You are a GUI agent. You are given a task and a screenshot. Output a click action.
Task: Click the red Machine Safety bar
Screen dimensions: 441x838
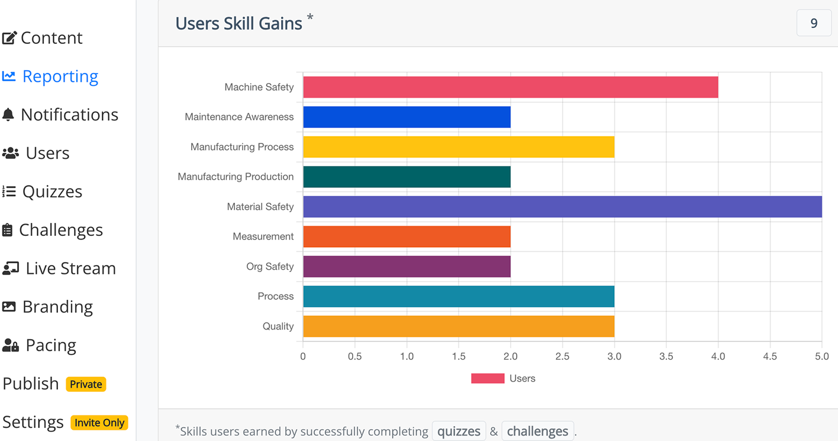coord(510,87)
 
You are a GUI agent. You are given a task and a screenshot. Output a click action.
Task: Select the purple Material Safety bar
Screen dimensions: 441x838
coord(562,207)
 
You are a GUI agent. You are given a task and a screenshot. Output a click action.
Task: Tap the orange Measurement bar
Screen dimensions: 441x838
coord(407,237)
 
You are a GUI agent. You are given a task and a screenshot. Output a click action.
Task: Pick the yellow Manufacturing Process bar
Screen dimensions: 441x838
coord(459,147)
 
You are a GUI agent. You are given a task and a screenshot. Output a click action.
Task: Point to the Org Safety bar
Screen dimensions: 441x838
coord(407,267)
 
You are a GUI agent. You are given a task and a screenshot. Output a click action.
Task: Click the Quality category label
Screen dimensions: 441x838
coord(278,326)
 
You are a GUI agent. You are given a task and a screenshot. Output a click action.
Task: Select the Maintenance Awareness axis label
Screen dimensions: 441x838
coord(239,117)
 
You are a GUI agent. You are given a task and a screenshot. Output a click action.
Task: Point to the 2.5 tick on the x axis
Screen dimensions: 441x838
coord(562,356)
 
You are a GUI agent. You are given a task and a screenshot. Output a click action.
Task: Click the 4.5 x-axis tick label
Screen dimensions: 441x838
coord(770,356)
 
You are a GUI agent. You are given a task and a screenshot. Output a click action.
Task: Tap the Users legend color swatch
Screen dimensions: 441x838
coord(488,378)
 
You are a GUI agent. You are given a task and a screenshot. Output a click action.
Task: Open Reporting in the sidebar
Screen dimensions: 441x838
coord(60,76)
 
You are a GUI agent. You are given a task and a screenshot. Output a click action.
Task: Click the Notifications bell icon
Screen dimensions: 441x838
coord(8,114)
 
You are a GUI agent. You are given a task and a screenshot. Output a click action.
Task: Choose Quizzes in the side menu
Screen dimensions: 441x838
coord(52,191)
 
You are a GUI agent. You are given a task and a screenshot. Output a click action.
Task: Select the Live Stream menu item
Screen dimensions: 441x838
coord(70,268)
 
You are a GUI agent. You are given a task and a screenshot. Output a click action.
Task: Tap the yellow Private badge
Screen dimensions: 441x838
coord(86,384)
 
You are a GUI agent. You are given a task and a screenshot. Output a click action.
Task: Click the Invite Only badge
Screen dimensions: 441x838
coord(99,423)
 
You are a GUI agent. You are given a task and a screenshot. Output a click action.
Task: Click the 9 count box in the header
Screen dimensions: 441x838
coord(814,23)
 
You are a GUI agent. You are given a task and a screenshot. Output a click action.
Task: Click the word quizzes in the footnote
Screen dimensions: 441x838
coord(459,431)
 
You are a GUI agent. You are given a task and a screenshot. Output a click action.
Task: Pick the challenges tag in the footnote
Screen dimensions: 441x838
coord(537,431)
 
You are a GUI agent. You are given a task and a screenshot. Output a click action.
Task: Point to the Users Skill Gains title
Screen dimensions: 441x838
coord(238,23)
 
